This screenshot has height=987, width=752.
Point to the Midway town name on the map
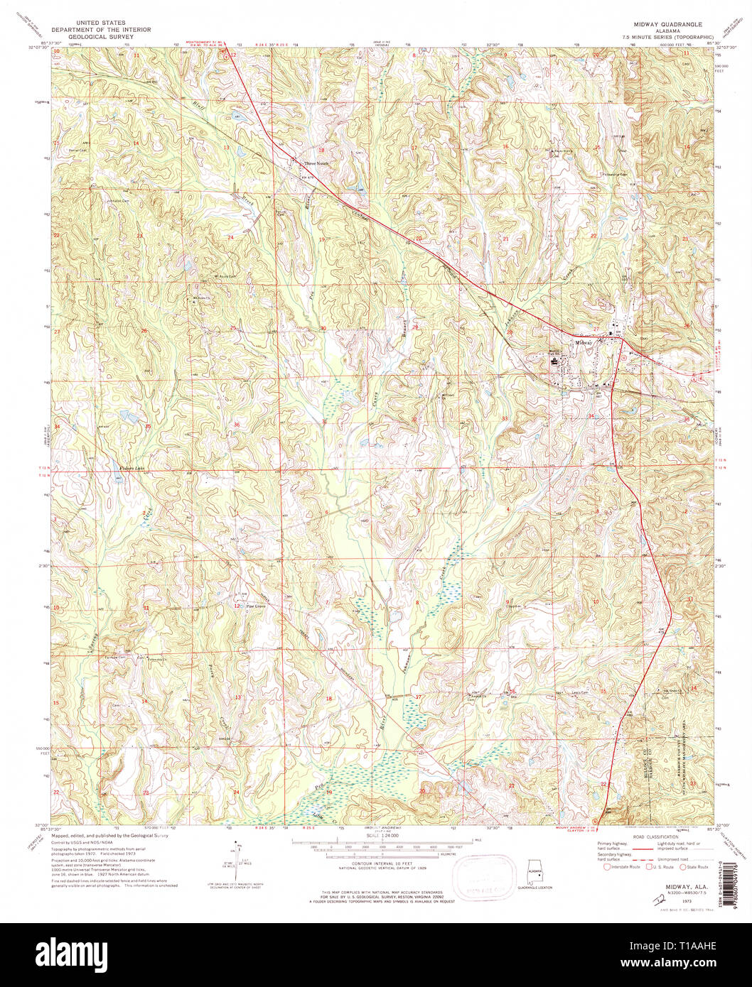click(x=583, y=342)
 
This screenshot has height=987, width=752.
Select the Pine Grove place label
click(x=255, y=606)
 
